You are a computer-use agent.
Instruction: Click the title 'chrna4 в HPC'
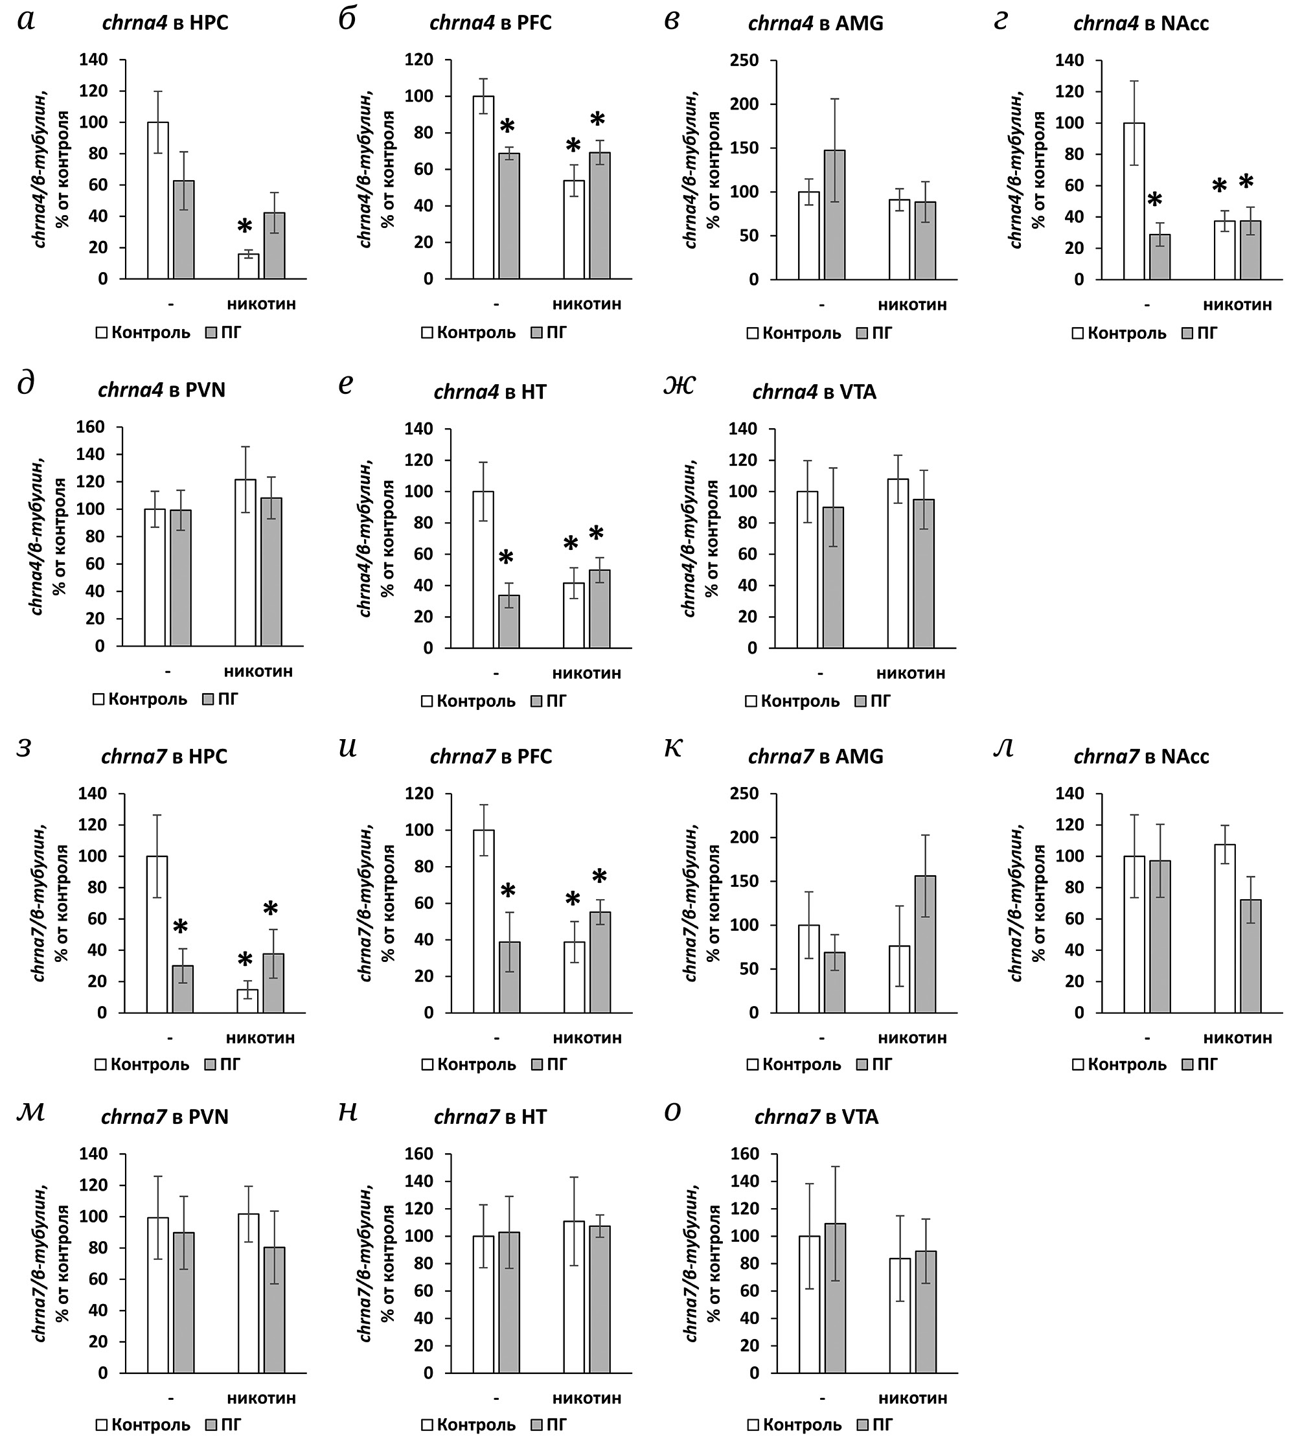(x=165, y=23)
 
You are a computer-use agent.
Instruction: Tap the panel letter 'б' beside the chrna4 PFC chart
(x=348, y=20)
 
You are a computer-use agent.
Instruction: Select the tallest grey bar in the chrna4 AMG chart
(x=834, y=214)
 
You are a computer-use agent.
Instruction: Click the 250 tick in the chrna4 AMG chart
(x=744, y=60)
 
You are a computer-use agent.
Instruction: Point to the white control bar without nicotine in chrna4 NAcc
(x=1134, y=200)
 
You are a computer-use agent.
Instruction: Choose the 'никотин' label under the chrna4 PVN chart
(x=258, y=672)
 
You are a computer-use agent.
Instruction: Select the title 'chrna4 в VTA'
(x=814, y=392)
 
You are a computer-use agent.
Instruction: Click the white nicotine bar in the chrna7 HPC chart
(x=247, y=1001)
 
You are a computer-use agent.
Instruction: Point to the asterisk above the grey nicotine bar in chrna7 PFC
(x=599, y=878)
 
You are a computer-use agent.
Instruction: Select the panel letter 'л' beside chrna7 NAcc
(x=1005, y=748)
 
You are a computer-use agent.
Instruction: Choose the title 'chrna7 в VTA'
(x=816, y=1117)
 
